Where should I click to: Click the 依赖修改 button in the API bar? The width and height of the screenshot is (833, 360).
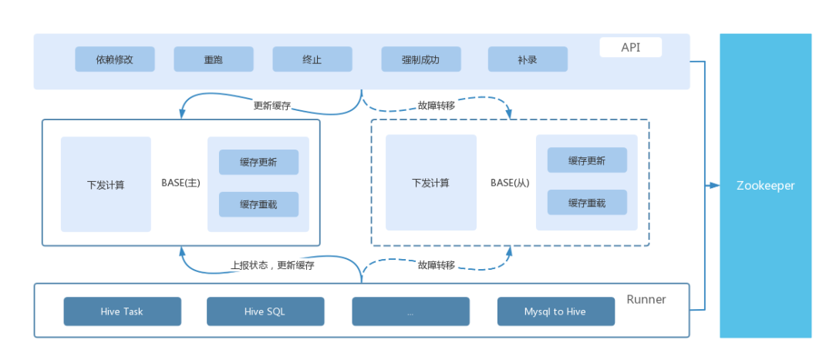coord(115,59)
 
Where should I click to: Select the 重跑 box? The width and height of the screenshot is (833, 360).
coord(214,59)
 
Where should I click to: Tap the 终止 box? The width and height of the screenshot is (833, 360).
coord(312,59)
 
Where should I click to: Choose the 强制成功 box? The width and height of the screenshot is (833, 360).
coord(421,59)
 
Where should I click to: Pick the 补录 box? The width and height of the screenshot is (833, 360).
coord(528,59)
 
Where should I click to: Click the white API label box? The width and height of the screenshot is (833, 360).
coord(631,47)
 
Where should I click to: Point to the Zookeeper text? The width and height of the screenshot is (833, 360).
coord(766,186)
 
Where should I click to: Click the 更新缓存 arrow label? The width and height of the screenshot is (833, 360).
coord(272,105)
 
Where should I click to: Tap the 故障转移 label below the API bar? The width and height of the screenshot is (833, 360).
coord(436,105)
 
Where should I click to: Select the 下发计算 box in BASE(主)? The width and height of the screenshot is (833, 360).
coord(106,184)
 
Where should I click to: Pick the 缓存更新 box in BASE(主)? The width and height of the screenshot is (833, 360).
coord(258,162)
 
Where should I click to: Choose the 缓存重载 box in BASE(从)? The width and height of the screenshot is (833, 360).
coord(587,202)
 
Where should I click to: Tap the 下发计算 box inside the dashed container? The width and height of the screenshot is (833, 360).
coord(431,183)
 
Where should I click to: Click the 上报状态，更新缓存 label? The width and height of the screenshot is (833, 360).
coord(271,265)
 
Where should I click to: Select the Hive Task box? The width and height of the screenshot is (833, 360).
coord(122,311)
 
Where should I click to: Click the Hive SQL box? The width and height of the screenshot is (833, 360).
coord(265,311)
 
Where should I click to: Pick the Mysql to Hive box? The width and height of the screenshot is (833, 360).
coord(555,311)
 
